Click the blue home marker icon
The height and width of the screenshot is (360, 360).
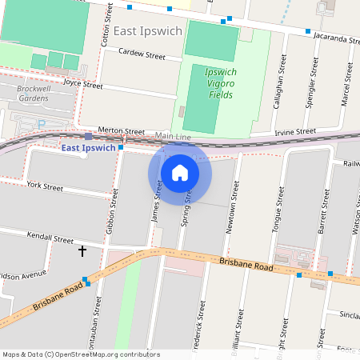coord(180,172)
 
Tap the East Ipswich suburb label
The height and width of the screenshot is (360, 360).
coord(148,31)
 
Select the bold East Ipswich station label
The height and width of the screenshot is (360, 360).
coord(89,147)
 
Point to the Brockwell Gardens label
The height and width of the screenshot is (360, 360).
coord(33,93)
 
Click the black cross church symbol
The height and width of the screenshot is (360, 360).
coord(82,251)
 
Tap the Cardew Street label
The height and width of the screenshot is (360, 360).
coord(142,57)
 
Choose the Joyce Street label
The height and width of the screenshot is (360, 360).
coord(83,83)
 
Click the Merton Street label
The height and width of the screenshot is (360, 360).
coord(121,130)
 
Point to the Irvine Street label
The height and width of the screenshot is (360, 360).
coord(295,131)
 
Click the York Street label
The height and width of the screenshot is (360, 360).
coord(45,186)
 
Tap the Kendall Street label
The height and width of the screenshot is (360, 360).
coord(50,238)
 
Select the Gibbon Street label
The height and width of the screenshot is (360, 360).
coord(112,212)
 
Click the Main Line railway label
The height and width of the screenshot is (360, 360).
coord(173,137)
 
